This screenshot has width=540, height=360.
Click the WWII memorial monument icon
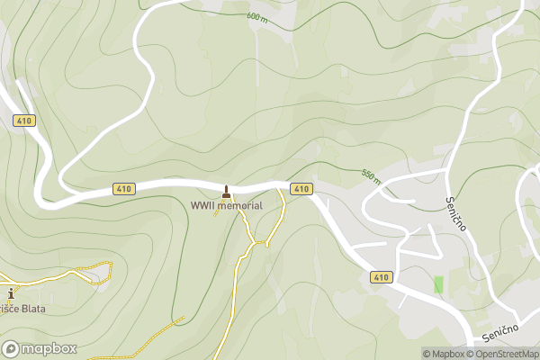tap(226, 191)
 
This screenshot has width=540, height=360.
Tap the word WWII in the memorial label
tap(203, 205)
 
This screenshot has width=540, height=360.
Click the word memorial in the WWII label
tap(240, 205)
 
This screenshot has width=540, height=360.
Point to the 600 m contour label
tap(257, 18)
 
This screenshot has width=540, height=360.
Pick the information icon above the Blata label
tap(11, 293)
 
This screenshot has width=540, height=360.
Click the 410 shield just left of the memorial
tap(124, 188)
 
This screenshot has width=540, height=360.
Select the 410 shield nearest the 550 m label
tap(301, 188)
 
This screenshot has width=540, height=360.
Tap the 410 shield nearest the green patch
tap(381, 278)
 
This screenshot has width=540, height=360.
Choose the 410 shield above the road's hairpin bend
tap(24, 120)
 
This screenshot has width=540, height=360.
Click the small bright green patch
tap(438, 284)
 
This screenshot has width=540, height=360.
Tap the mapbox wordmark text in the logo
tap(49, 349)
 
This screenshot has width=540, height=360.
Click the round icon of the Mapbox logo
tap(12, 349)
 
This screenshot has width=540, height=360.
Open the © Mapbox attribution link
tap(445, 354)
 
